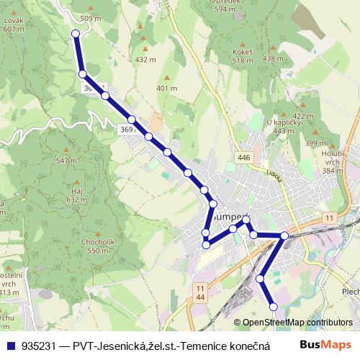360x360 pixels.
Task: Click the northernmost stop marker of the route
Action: (75, 33)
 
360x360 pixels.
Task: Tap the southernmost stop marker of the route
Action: (273, 307)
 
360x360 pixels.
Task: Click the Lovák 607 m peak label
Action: (13, 24)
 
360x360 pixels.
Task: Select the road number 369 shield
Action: (126, 128)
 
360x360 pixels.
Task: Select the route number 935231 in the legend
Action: (42, 345)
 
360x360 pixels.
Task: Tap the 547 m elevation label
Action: (66, 161)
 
